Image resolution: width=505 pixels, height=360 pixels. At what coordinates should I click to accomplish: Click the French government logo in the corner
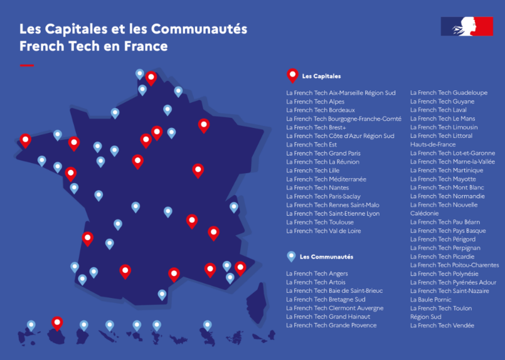point(467,26)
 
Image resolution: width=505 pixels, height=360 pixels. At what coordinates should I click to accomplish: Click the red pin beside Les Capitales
point(292,75)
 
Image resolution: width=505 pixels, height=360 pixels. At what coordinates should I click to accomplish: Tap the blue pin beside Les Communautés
point(290,256)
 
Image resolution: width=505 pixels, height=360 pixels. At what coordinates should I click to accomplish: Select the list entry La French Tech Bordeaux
point(320,110)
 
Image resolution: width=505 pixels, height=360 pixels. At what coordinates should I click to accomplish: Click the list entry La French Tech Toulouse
point(320,222)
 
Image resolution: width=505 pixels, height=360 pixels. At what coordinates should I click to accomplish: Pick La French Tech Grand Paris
point(323,153)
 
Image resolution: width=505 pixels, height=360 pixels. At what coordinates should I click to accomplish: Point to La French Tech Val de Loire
point(323,231)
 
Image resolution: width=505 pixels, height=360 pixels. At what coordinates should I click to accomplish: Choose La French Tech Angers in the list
point(317,273)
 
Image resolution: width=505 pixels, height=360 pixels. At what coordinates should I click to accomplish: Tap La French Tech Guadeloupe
point(449,93)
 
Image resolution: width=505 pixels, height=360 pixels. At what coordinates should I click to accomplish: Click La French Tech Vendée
point(442,326)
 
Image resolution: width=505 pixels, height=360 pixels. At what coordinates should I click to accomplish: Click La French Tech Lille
point(312,170)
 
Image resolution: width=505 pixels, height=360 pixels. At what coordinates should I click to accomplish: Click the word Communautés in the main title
point(199,29)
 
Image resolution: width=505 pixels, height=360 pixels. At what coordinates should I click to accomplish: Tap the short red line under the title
point(27,65)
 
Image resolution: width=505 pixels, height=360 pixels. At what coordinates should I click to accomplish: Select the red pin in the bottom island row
point(57,323)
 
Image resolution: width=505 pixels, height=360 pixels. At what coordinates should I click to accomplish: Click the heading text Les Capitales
point(321,77)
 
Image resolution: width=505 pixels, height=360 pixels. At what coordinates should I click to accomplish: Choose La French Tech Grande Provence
point(331,326)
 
